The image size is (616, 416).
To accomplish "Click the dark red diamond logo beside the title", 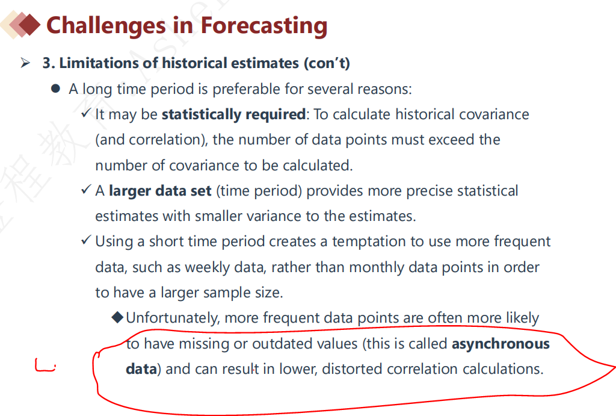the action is click(29, 24).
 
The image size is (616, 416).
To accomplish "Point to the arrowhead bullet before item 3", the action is click(25, 63).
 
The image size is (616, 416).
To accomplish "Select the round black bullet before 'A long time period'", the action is click(55, 88).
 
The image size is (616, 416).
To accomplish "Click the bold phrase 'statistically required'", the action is click(234, 114).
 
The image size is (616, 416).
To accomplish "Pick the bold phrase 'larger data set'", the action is click(160, 191).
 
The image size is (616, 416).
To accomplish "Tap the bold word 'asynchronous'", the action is click(501, 344).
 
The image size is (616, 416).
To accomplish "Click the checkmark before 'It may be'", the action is click(87, 113).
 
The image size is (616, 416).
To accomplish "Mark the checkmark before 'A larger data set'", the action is click(87, 190).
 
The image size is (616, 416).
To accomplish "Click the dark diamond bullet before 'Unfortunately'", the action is click(117, 317).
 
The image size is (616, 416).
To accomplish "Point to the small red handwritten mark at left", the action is click(45, 365).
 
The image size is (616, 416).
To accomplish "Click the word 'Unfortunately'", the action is click(173, 318).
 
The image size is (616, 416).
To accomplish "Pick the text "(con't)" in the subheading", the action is click(327, 63).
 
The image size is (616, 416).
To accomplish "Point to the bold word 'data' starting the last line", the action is click(141, 369).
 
